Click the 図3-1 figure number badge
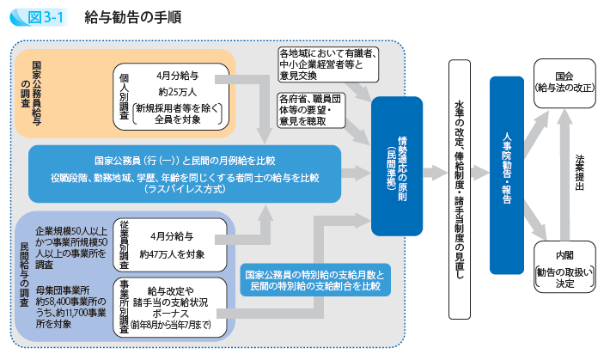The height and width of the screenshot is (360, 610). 37,16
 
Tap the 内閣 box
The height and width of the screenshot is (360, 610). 563,267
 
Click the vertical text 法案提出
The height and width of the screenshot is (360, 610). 581,176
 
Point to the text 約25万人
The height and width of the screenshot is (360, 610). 175,92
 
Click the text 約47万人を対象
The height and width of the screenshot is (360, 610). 175,254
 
